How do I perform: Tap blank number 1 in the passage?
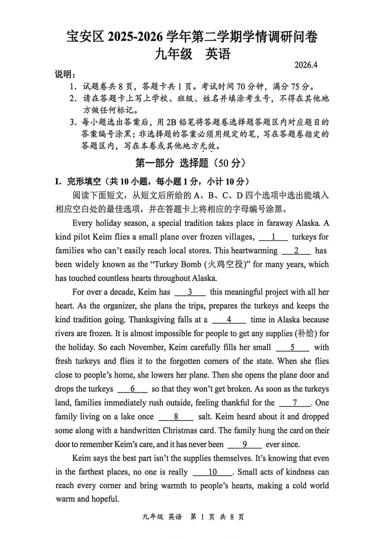[x=273, y=237]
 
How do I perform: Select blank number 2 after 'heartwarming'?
[x=297, y=251]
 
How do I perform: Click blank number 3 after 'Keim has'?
[x=190, y=292]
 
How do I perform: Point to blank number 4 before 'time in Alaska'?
[x=229, y=320]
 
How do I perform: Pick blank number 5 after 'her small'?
[x=292, y=348]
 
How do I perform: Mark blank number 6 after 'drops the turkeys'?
[x=132, y=389]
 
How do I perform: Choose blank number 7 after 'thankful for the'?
[x=295, y=403]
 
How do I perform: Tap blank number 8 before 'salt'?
[x=176, y=417]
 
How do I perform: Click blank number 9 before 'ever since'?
[x=245, y=445]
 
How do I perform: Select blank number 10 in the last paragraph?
[x=213, y=472]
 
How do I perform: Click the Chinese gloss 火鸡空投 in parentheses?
[x=228, y=264]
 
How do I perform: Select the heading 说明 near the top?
[x=65, y=75]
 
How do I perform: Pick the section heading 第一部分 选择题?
[x=190, y=163]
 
